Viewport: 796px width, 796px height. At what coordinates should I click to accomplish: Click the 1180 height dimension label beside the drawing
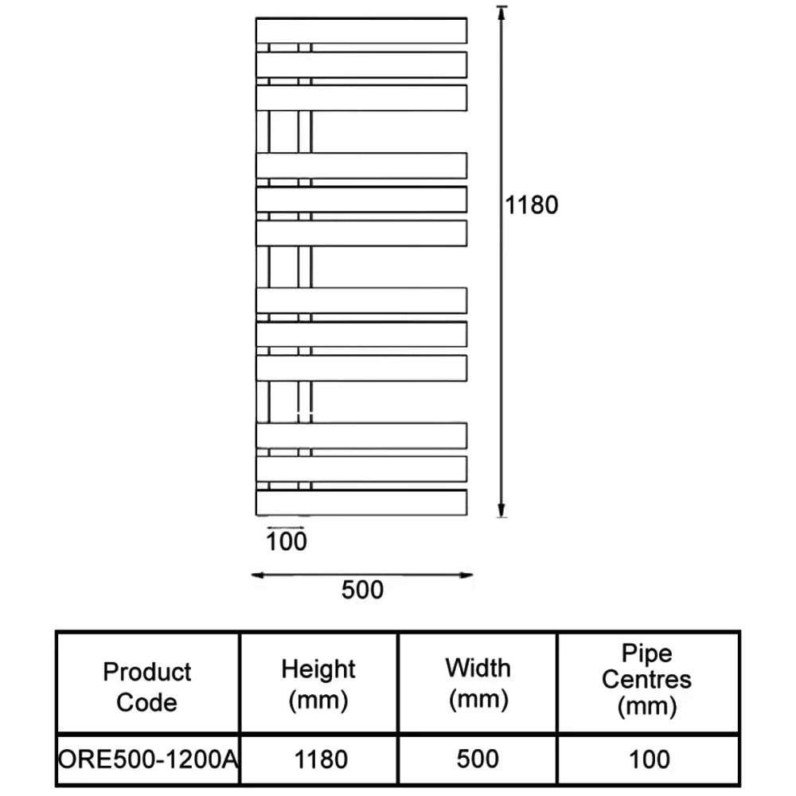tap(533, 205)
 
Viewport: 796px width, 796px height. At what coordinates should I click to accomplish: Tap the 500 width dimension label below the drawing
tap(362, 590)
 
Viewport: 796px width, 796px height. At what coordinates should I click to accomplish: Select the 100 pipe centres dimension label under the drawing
tap(287, 542)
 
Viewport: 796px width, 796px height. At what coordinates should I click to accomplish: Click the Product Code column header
tap(147, 687)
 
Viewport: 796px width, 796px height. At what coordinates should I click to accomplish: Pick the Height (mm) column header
tap(318, 684)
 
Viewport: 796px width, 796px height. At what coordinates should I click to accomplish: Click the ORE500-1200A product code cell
tap(148, 759)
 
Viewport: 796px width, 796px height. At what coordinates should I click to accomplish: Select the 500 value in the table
tap(478, 759)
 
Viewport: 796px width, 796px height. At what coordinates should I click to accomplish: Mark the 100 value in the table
tap(649, 759)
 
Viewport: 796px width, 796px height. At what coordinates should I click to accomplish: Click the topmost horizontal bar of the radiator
tap(361, 30)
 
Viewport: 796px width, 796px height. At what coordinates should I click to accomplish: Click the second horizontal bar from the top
tap(361, 64)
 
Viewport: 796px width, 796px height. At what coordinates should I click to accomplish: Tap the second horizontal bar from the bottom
tap(361, 469)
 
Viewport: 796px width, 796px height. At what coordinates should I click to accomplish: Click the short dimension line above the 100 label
tap(287, 527)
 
